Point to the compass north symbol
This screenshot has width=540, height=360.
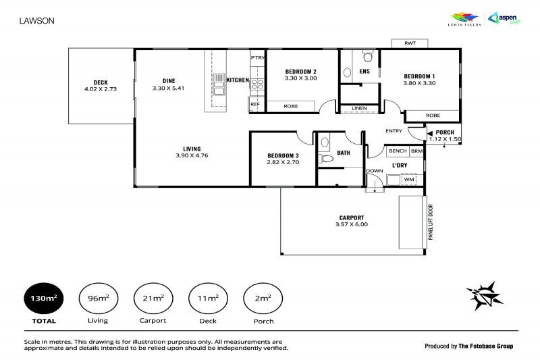[x=485, y=294]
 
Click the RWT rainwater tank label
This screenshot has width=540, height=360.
[x=410, y=43]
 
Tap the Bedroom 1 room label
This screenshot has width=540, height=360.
[x=419, y=76]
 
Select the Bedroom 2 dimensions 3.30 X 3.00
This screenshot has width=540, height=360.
[x=301, y=78]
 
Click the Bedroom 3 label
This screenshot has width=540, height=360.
[x=283, y=155]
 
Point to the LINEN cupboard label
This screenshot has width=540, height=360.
[x=359, y=109]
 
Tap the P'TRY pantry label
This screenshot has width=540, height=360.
[x=257, y=58]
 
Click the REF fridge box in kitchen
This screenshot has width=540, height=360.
[x=255, y=104]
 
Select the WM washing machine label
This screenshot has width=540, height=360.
[x=408, y=180]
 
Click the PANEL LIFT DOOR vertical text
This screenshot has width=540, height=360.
[x=430, y=222]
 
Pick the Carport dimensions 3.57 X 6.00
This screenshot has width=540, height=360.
[x=352, y=224]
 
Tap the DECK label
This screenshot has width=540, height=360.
[x=101, y=82]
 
